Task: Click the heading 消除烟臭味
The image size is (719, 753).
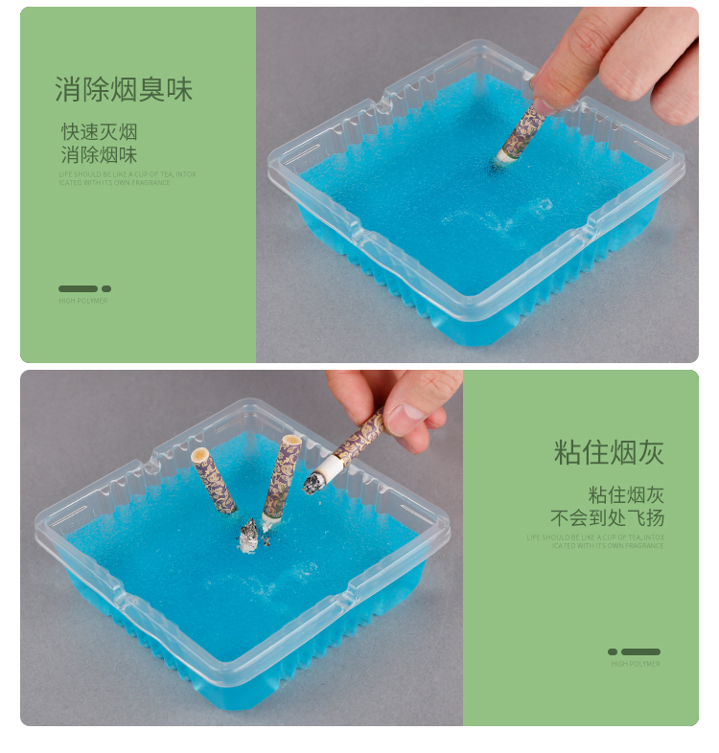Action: pos(124,90)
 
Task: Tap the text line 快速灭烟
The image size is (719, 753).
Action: pos(100,131)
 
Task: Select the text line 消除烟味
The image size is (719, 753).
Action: pos(100,154)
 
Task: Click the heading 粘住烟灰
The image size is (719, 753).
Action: pos(609,452)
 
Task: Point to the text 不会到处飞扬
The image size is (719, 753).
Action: pos(607,518)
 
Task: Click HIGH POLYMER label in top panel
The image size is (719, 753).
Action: pos(83,301)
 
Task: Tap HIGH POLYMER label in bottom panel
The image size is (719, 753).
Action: pos(636,664)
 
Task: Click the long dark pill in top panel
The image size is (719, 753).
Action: pos(78,288)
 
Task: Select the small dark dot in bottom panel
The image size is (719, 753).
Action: pos(613,651)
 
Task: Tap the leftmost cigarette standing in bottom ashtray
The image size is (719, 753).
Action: pos(214,481)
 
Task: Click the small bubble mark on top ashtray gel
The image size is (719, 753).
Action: pos(544,204)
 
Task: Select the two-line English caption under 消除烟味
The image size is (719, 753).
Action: pos(128,178)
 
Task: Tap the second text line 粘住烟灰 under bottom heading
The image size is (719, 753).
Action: pos(626,495)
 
